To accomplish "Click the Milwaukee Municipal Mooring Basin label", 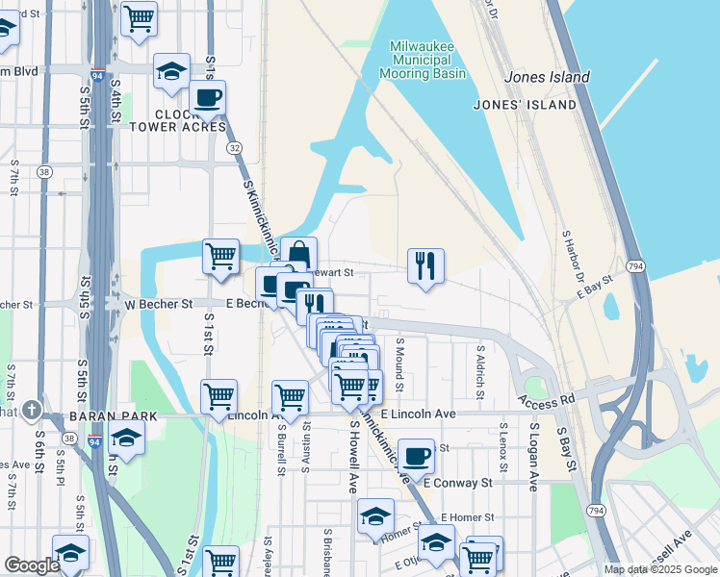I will pos(427,60).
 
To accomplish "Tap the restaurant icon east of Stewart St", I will pos(425,265).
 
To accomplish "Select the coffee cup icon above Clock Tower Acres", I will pos(207,97).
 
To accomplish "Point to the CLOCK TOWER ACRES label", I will pos(177,120).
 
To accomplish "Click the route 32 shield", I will pos(234,148).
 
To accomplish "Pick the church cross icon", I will pos(32,411).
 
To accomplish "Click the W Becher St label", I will pos(159,304).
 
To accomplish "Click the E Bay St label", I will pos(595,287).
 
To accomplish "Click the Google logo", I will pos(32,565).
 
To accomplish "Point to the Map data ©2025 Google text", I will pos(659,569).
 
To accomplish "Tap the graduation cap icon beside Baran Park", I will pos(126,439).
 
